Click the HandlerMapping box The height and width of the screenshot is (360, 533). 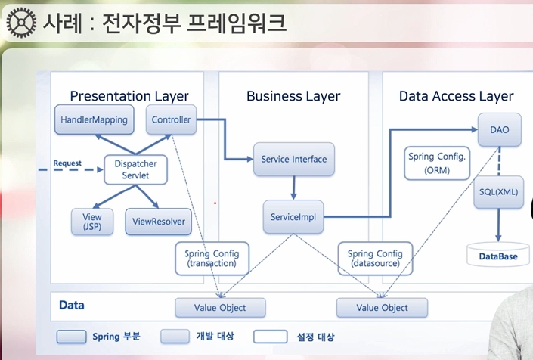tap(93, 119)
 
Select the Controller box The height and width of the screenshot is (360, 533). tap(171, 119)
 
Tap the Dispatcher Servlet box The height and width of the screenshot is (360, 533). tap(135, 169)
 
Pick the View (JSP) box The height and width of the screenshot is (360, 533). tap(91, 221)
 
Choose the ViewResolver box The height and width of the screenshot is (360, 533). tap(158, 221)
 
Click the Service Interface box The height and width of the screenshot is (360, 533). tap(293, 160)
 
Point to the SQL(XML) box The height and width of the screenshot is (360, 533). tap(498, 192)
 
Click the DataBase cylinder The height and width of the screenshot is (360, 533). tap(498, 254)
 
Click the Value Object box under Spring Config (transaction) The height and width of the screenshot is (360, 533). tap(221, 308)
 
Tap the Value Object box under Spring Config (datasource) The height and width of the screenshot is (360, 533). tap(382, 308)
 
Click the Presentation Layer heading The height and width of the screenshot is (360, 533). tap(129, 96)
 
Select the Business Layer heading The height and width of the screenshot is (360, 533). tap(293, 96)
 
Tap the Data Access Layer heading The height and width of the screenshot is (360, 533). tap(456, 96)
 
